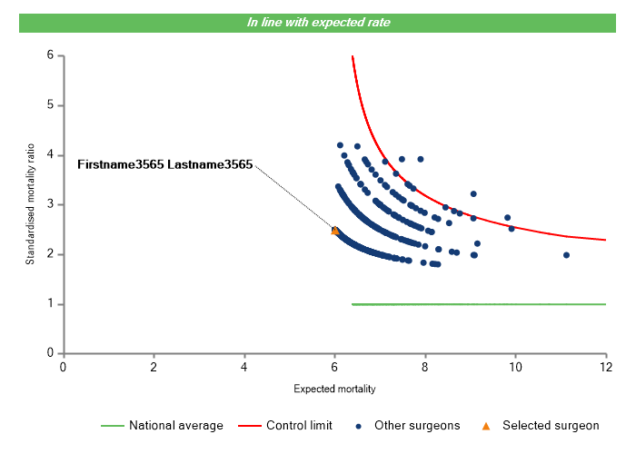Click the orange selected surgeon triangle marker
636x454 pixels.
point(334,231)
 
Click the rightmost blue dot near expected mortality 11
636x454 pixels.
point(566,255)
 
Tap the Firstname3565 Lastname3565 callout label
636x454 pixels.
point(164,165)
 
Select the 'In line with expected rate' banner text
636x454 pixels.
point(319,22)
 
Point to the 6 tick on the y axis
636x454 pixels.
point(51,55)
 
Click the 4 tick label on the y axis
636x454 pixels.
point(51,155)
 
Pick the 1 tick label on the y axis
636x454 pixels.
point(51,304)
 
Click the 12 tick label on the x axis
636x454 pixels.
point(605,367)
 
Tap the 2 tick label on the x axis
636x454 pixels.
point(154,367)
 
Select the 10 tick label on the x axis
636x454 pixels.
point(514,367)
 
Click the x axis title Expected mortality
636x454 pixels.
point(334,389)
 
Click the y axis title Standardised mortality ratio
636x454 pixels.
point(30,204)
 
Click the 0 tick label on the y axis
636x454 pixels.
point(51,353)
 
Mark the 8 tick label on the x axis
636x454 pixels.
point(425,367)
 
